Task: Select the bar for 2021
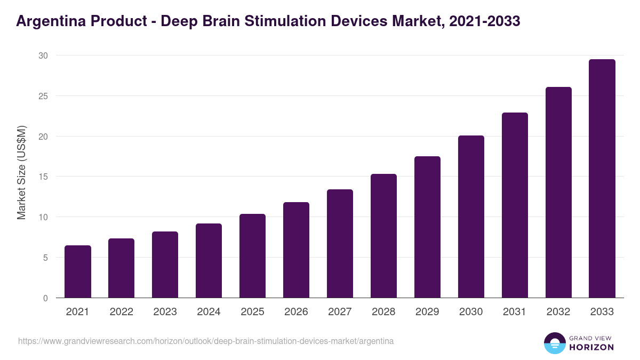[x=78, y=271]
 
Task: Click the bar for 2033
[x=602, y=179]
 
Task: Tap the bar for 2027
[x=340, y=244]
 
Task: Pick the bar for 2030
[x=471, y=217]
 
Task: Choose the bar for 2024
[x=209, y=261]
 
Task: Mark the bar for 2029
[x=427, y=227]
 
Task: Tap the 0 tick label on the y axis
[x=45, y=298]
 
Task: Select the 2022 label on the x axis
[x=122, y=312]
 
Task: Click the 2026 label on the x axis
[x=296, y=312]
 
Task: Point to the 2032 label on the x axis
[x=558, y=312]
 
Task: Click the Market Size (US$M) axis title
[x=21, y=172]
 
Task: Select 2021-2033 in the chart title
[x=484, y=21]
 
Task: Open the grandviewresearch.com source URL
[x=206, y=341]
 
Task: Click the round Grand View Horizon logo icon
[x=555, y=343]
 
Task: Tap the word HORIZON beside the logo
[x=591, y=347]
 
